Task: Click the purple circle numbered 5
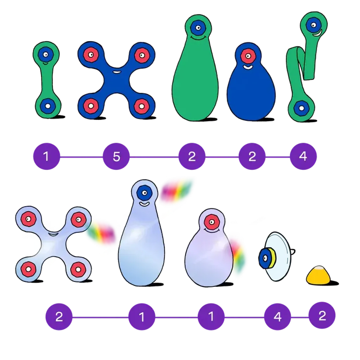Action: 116,157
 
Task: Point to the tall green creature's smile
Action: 198,37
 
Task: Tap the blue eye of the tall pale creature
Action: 144,192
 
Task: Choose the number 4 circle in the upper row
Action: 303,157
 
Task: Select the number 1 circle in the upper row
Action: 46,157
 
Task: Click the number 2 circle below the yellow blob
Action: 322,316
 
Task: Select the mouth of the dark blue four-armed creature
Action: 116,72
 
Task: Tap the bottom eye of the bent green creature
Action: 301,108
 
